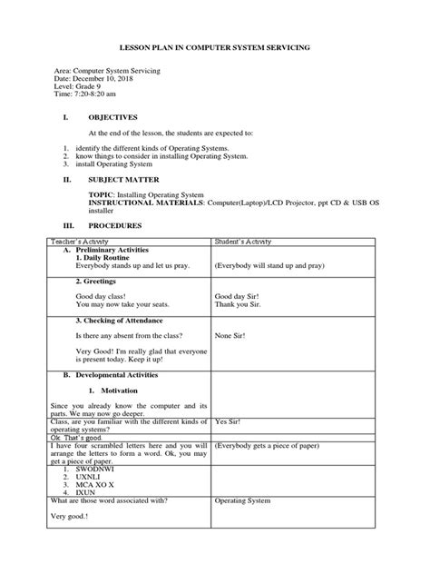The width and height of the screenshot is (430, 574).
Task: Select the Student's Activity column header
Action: point(246,241)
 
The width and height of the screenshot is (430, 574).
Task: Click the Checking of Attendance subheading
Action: point(118,321)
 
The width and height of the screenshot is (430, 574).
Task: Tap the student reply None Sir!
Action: point(231,335)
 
